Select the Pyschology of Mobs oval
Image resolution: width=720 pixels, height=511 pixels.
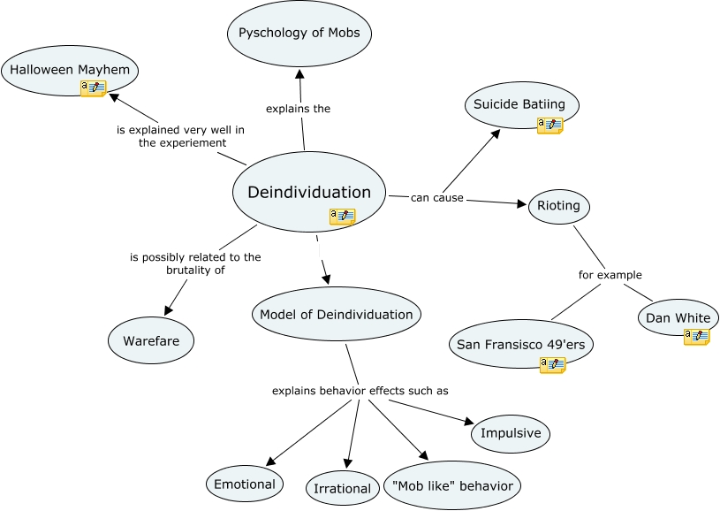click(299, 34)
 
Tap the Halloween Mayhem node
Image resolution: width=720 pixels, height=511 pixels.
click(70, 69)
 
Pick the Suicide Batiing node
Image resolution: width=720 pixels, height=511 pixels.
click(521, 104)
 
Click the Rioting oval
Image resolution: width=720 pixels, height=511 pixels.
click(558, 206)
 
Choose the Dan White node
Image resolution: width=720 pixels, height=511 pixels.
click(678, 318)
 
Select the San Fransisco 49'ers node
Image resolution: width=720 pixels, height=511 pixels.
click(519, 345)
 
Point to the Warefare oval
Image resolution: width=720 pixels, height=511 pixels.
click(150, 339)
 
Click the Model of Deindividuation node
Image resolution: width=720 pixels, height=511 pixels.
click(336, 314)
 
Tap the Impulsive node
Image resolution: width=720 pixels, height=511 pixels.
click(511, 433)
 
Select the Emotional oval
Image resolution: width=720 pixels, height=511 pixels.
click(245, 484)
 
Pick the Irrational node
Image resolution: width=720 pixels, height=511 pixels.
click(342, 488)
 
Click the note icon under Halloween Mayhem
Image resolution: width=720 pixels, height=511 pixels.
click(93, 88)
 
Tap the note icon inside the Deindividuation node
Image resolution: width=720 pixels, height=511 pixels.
click(342, 216)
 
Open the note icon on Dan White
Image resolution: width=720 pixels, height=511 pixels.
click(696, 336)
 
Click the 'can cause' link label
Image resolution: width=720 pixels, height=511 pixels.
click(436, 197)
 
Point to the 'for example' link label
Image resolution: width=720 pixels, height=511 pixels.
click(610, 275)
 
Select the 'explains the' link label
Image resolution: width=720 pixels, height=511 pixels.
click(298, 109)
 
